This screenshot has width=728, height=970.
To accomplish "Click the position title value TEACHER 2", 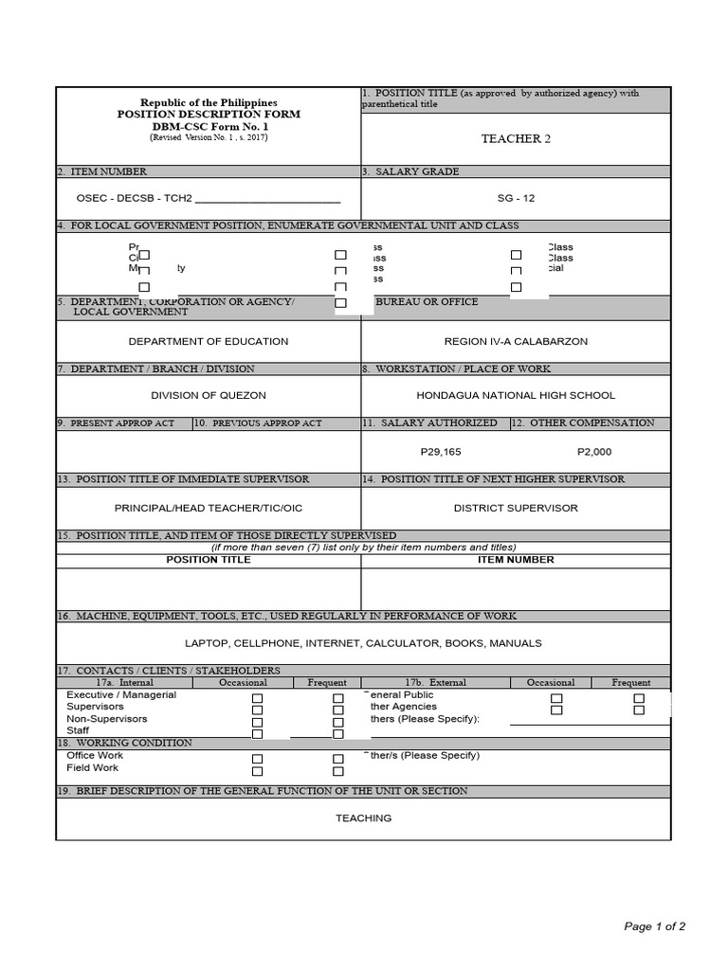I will [x=516, y=139].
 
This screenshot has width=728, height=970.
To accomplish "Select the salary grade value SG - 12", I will [x=516, y=199].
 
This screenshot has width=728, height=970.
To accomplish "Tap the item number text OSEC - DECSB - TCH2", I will [x=134, y=199].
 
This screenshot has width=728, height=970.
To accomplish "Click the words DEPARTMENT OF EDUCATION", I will [x=209, y=341].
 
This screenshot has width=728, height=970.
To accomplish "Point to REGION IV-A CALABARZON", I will [x=516, y=341].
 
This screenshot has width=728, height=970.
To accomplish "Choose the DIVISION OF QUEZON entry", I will [x=209, y=395].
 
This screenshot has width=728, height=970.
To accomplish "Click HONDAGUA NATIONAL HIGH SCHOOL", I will [x=516, y=395].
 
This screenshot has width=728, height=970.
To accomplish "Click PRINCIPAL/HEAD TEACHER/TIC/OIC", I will [x=208, y=508].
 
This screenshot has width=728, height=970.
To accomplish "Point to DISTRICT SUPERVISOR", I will [x=516, y=508].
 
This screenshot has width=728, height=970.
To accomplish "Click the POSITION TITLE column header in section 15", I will [x=209, y=560].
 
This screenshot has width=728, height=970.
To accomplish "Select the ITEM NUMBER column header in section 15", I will [x=516, y=560].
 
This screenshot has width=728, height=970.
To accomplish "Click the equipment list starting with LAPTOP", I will [x=363, y=643].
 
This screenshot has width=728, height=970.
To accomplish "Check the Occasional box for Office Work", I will [x=257, y=759].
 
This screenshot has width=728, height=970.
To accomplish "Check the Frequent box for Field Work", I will [x=337, y=771].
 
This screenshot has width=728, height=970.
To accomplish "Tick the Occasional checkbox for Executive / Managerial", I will [x=257, y=698].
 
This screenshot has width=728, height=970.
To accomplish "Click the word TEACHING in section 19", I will [x=363, y=818].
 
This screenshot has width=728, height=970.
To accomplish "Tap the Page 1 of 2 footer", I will [x=654, y=926].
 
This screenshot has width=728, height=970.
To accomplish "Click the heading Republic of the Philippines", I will [x=209, y=102].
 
